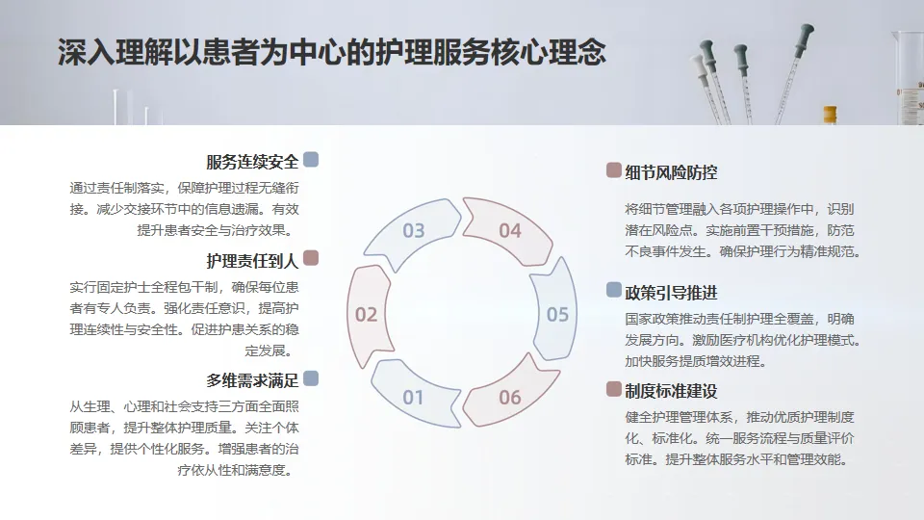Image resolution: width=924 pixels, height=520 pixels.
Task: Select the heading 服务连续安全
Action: tap(252, 161)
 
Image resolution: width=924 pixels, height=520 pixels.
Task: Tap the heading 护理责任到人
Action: tap(252, 260)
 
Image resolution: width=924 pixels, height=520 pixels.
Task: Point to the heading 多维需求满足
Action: tap(252, 379)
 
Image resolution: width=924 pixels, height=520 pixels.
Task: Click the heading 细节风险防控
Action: tap(671, 172)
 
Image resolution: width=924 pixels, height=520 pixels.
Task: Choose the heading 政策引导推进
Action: tap(671, 292)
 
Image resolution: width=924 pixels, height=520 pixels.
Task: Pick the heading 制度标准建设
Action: tap(671, 391)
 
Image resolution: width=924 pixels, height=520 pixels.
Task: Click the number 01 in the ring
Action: tap(413, 397)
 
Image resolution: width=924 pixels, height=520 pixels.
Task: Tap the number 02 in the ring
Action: tap(367, 314)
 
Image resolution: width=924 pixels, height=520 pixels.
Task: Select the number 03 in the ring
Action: tap(413, 231)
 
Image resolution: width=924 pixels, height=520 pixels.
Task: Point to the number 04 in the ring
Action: tap(510, 231)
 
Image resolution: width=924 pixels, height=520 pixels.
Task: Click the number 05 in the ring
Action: tap(557, 314)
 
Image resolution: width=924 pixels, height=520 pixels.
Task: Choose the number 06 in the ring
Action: tap(510, 397)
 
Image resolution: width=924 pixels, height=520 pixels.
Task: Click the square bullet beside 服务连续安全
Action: tap(311, 160)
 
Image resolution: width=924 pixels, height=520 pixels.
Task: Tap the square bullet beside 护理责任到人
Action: tap(311, 259)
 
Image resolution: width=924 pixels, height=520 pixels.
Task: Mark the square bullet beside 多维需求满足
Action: tap(311, 378)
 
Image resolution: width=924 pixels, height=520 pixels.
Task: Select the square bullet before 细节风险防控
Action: tap(613, 171)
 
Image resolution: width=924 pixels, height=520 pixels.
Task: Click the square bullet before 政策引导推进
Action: tap(613, 290)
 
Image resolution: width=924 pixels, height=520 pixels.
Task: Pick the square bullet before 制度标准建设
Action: tap(613, 389)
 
